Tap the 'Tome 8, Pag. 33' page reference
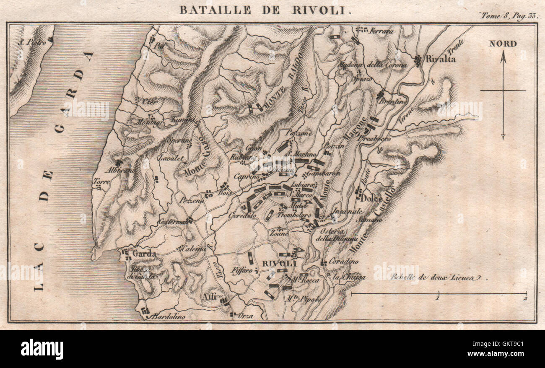pyautogui.click(x=509, y=16)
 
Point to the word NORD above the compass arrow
pyautogui.click(x=503, y=44)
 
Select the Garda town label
pyautogui.click(x=144, y=254)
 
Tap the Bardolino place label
pyautogui.click(x=168, y=316)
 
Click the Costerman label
pyautogui.click(x=172, y=221)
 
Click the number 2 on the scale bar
pyautogui.click(x=525, y=299)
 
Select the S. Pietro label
pyautogui.click(x=32, y=42)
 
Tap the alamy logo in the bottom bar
pyautogui.click(x=42, y=349)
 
